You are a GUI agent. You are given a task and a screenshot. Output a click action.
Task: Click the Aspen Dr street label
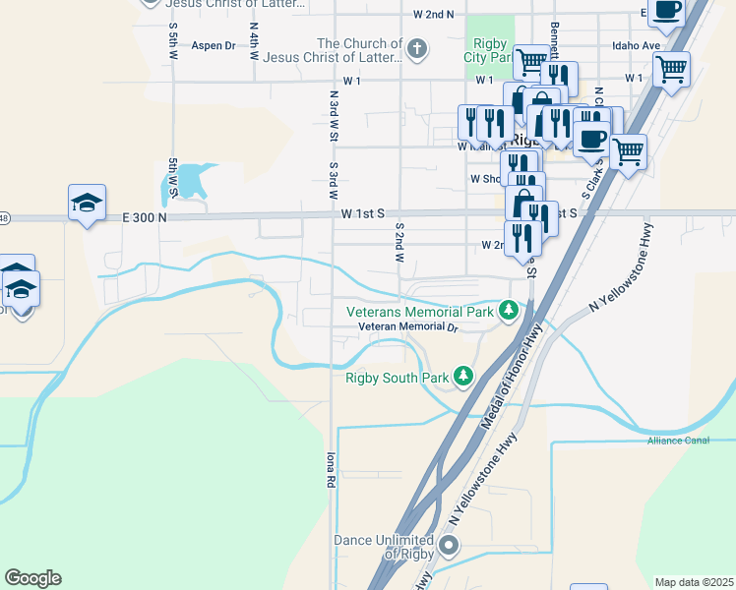[x=214, y=45]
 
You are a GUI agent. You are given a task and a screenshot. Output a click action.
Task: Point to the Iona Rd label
[x=332, y=470]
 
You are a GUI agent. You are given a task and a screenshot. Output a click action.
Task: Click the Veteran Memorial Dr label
[x=408, y=326]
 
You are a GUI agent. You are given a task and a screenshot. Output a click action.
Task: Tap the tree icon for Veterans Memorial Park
[x=508, y=312]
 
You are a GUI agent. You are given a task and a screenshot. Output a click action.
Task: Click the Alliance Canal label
[x=678, y=440]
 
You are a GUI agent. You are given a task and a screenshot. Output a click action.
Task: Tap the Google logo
[x=32, y=578]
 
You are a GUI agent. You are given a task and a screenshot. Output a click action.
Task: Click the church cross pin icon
[x=417, y=48]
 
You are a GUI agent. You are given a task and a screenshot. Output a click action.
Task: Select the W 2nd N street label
[x=434, y=15]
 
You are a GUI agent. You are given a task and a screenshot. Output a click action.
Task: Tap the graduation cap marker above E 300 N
[x=87, y=204]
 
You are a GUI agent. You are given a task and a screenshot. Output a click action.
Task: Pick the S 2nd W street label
[x=400, y=241]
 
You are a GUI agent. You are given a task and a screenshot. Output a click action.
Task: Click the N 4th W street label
[x=253, y=42]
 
